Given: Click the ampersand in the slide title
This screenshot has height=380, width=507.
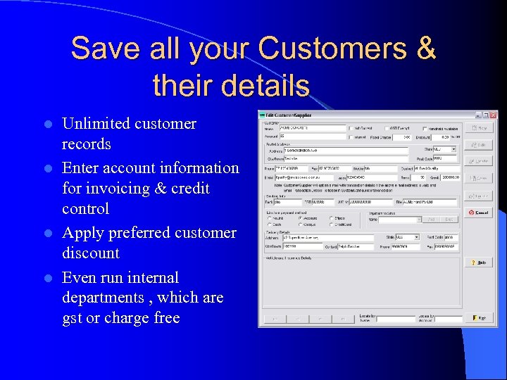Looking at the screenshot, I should pyautogui.click(x=426, y=49).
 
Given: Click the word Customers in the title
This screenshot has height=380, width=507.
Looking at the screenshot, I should pyautogui.click(x=337, y=49).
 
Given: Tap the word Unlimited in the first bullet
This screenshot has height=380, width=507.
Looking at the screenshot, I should pyautogui.click(x=95, y=124).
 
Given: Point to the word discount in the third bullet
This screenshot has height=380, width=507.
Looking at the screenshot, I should pyautogui.click(x=91, y=253).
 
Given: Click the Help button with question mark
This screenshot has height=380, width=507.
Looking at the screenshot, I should pyautogui.click(x=479, y=262).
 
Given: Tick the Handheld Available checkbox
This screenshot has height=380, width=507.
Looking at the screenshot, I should pyautogui.click(x=425, y=128).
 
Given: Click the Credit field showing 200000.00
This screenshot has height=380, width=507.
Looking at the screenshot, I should pyautogui.click(x=451, y=178).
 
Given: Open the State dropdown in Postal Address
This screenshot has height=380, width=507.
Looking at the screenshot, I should pyautogui.click(x=453, y=149).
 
